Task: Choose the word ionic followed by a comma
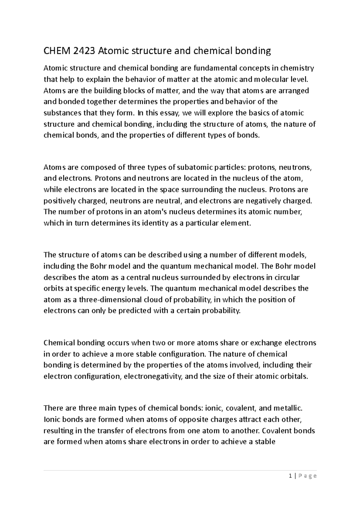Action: pos(214,408)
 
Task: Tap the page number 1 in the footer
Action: pos(290,476)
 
